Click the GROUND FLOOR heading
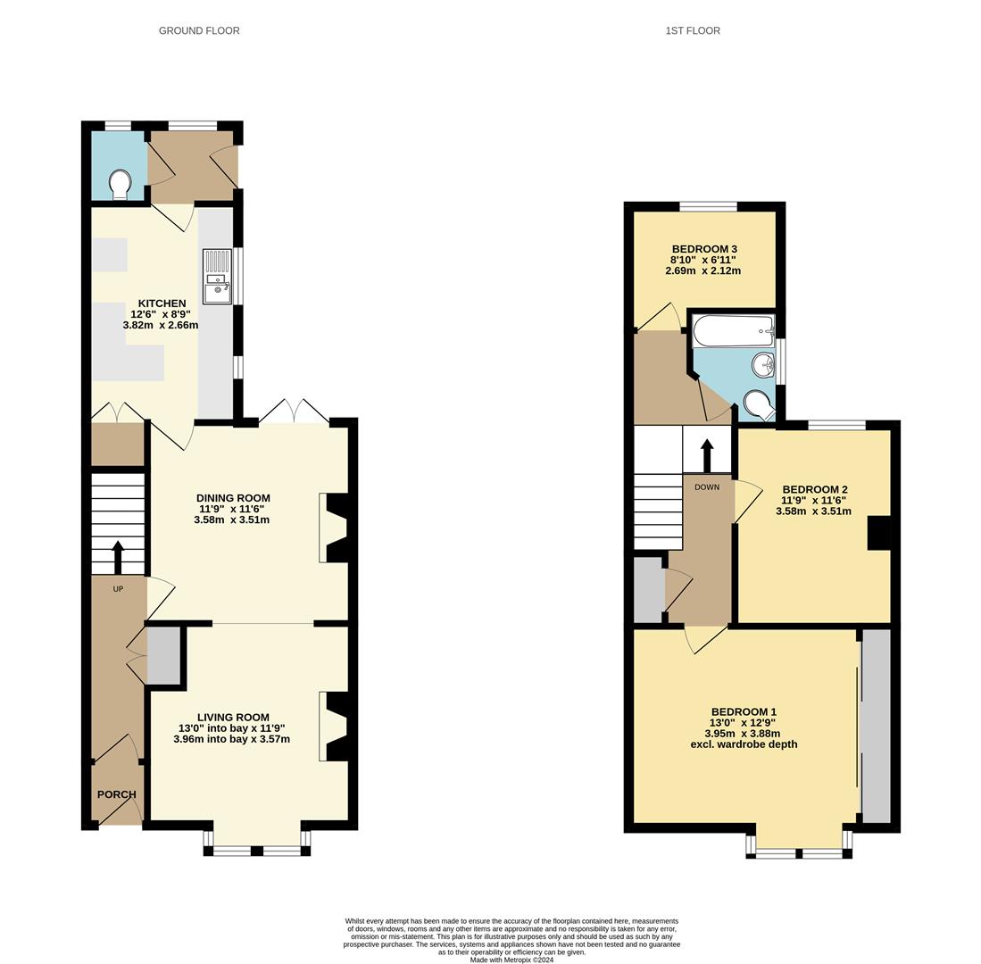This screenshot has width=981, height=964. (199, 30)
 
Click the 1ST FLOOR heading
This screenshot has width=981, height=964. (693, 30)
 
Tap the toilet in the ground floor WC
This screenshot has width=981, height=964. (121, 185)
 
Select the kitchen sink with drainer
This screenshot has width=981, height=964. (217, 277)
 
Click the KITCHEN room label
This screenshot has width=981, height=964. (162, 303)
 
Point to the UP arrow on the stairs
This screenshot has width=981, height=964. (118, 557)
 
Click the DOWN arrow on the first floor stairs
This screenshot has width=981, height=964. (707, 455)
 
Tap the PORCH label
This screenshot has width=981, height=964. (116, 794)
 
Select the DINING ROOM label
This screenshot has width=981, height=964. (233, 498)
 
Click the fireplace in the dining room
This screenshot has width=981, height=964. (336, 528)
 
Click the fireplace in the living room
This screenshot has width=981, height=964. (336, 727)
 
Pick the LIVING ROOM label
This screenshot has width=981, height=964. (233, 717)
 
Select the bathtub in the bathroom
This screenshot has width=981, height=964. (733, 330)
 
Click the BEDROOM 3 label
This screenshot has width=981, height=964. (704, 249)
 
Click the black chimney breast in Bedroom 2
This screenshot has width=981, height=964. (879, 533)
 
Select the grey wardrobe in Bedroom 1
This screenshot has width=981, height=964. (877, 725)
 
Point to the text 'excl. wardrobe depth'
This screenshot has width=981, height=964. (744, 744)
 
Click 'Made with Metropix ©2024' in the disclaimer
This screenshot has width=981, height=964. (511, 960)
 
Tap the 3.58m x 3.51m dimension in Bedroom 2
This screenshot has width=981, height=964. (813, 511)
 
